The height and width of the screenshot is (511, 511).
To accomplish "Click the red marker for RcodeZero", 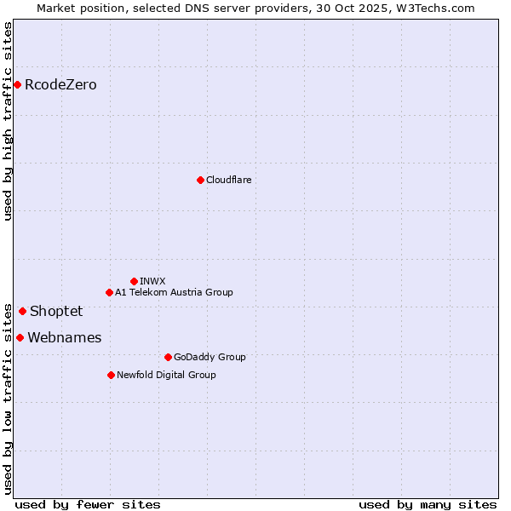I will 17,84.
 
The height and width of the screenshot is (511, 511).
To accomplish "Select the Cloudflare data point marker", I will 200,180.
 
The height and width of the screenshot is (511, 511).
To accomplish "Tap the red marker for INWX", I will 134,281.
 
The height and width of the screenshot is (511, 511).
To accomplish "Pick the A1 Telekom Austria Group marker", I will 109,292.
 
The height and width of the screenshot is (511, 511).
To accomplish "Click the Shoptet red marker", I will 22,311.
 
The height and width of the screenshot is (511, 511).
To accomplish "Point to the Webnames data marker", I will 20,337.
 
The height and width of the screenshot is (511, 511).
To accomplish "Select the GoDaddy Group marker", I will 168,357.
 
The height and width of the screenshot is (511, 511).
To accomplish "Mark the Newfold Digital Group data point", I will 111,375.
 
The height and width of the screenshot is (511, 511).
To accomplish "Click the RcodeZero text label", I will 60,84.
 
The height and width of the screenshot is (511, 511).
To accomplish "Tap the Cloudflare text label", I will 228,180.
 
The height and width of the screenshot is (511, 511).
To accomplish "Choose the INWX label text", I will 152,281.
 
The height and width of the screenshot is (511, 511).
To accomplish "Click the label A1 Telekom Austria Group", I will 174,292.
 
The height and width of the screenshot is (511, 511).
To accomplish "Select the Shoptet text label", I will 56,311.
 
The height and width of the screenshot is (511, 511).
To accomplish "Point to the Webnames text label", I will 64,337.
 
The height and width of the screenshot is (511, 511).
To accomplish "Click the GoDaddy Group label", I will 210,357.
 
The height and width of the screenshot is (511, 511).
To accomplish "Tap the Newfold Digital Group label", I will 166,375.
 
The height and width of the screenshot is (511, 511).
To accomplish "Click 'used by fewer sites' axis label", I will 88,504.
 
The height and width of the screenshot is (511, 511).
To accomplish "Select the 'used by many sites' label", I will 428,504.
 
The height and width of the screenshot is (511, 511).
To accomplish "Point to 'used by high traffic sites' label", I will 9,121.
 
